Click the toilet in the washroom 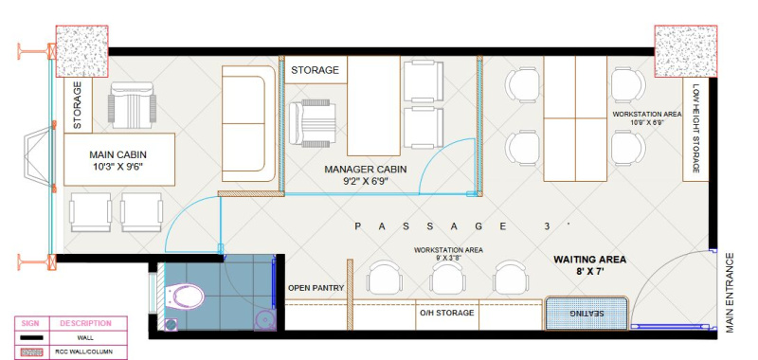point(184,297)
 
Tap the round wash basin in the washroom point(264,320)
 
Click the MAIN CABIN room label point(117,161)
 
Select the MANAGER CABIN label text point(366,175)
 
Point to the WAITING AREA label point(589,265)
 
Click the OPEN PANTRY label point(316,288)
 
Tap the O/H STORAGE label point(446,313)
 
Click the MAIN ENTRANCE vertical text point(730,293)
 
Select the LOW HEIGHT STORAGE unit point(695,129)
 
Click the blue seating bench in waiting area point(587,314)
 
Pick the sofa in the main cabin point(249,123)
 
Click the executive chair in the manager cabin point(313,123)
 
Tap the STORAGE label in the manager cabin point(315,70)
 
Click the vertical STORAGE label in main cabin point(78,105)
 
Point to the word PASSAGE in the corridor point(431,225)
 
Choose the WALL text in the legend point(85,338)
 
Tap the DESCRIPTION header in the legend point(85,323)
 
